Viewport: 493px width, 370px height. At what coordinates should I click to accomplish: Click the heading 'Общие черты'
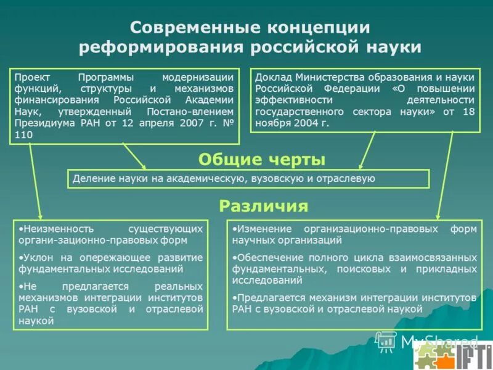261,160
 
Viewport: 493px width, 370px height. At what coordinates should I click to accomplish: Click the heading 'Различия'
263,206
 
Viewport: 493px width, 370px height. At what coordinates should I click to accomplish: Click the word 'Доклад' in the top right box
273,78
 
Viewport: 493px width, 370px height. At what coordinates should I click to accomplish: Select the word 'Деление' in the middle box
91,179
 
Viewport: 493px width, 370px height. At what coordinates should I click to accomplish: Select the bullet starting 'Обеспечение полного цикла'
354,269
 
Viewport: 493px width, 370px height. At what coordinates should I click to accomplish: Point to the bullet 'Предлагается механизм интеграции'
354,303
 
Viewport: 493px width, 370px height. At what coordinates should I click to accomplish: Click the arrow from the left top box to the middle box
134,156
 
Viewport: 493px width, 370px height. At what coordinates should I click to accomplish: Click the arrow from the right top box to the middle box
367,151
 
